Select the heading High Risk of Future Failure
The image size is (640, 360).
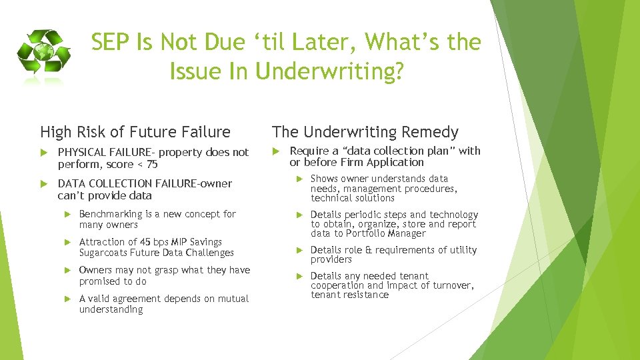tap(135, 132)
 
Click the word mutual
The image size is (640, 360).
tap(231, 299)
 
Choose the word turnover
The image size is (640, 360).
tap(451, 285)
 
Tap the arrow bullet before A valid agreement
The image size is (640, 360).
tap(67, 299)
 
